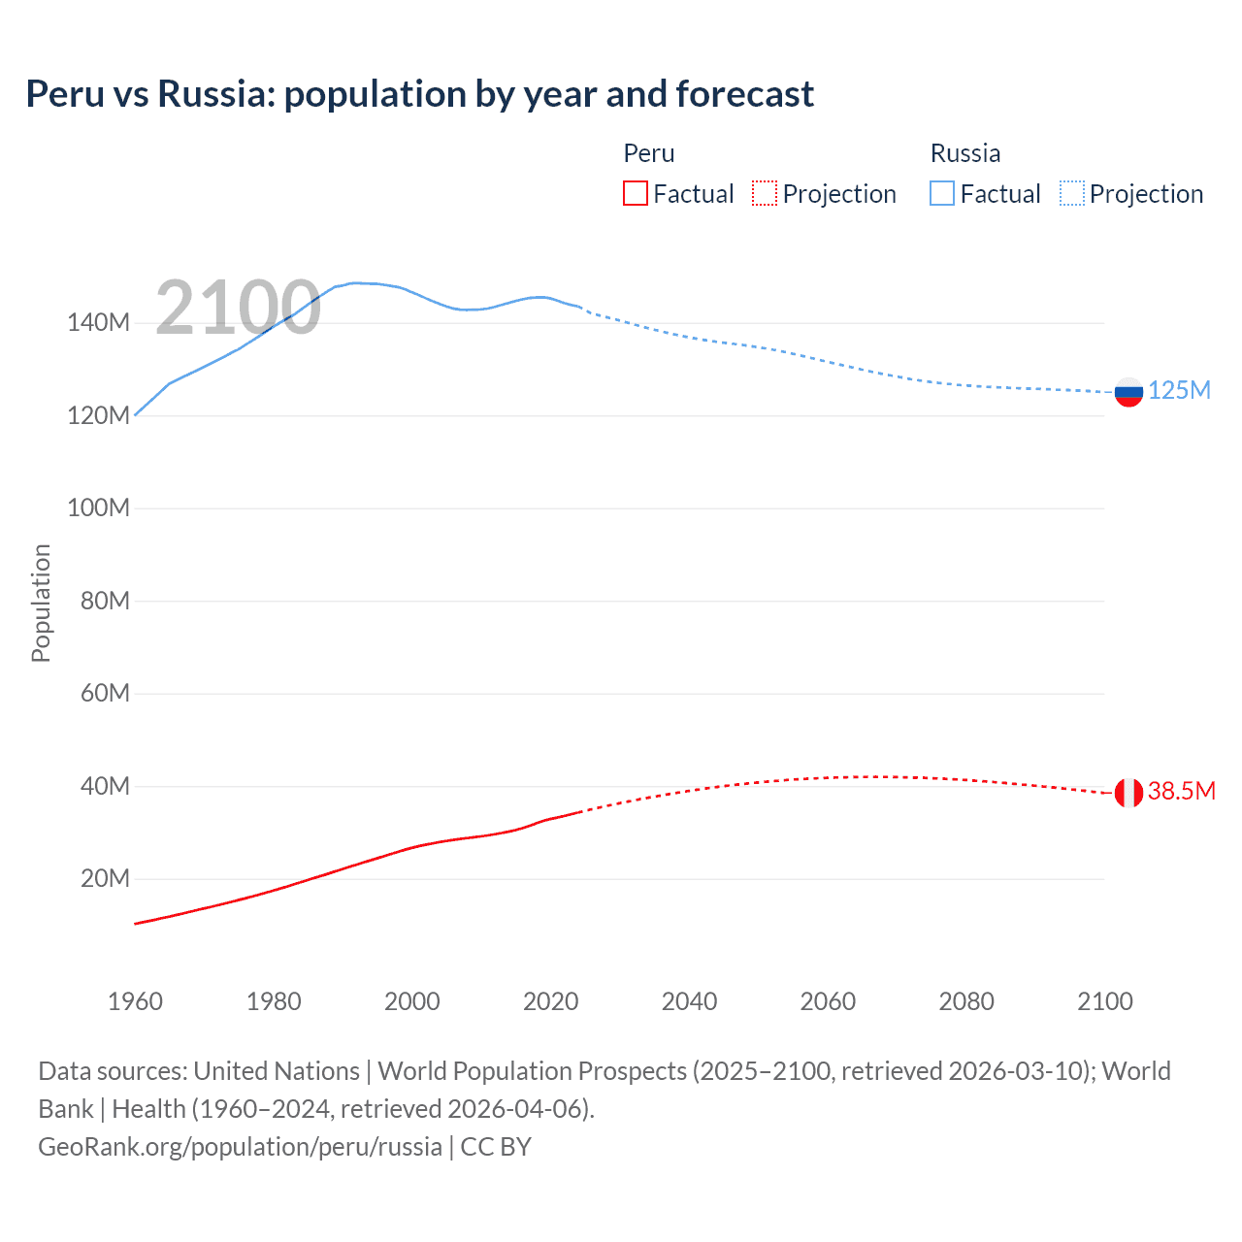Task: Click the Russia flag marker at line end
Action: (1128, 392)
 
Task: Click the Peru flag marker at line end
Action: (1128, 793)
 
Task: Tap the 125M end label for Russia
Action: (1179, 390)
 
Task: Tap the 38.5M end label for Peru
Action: (1181, 791)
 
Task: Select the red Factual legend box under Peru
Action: (635, 193)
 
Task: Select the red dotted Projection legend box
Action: (765, 193)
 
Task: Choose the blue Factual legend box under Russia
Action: (942, 193)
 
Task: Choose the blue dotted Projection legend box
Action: (1071, 193)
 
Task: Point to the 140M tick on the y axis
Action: (98, 322)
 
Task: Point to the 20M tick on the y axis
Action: (105, 878)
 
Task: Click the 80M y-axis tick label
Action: (105, 601)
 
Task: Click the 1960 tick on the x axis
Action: (135, 1001)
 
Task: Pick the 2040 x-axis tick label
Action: (689, 1001)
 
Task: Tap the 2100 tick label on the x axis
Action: (1104, 1001)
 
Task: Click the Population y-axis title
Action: (41, 603)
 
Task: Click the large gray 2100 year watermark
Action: (238, 308)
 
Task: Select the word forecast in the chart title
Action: (744, 94)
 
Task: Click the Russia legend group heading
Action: (964, 153)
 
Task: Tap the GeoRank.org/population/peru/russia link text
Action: (240, 1146)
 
